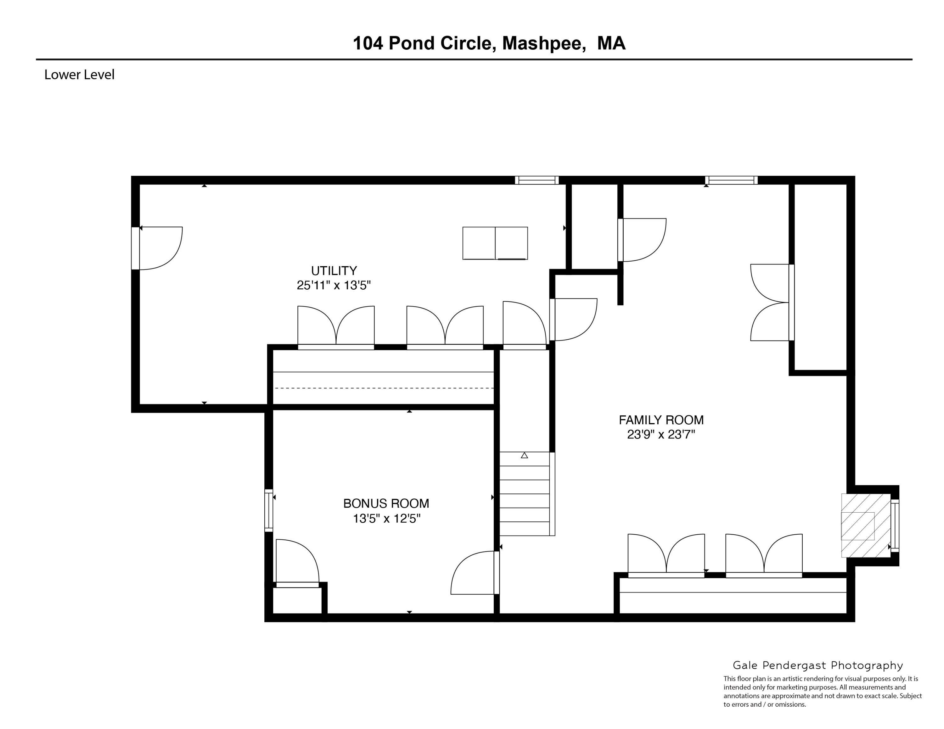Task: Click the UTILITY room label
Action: (x=334, y=271)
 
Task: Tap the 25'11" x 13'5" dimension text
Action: (x=334, y=286)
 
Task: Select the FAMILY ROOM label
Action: (x=661, y=420)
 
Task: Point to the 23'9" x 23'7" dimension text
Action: (x=661, y=434)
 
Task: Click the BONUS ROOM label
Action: (x=386, y=504)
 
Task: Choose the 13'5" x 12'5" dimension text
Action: (x=386, y=518)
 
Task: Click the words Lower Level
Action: (x=79, y=75)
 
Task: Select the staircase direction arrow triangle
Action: (x=524, y=455)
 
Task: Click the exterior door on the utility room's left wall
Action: (x=136, y=248)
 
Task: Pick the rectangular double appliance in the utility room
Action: (x=495, y=243)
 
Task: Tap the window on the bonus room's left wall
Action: (x=268, y=510)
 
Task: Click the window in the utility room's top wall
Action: (x=537, y=180)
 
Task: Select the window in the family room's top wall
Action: (x=731, y=180)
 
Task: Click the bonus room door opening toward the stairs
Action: (x=496, y=573)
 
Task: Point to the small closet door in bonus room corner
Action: (x=297, y=584)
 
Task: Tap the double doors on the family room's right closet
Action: (x=791, y=302)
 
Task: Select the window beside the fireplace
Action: (x=895, y=526)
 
